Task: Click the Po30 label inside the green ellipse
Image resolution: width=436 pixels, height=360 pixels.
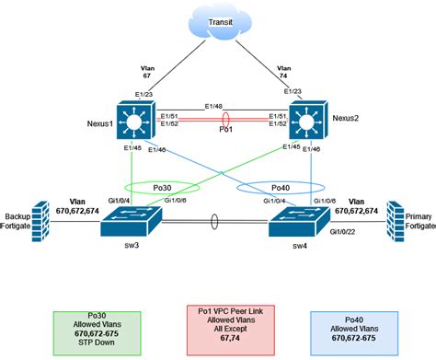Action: [x=141, y=185]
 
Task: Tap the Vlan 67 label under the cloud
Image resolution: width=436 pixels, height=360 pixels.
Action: [x=150, y=73]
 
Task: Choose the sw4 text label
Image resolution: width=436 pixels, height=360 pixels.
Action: [x=299, y=248]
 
